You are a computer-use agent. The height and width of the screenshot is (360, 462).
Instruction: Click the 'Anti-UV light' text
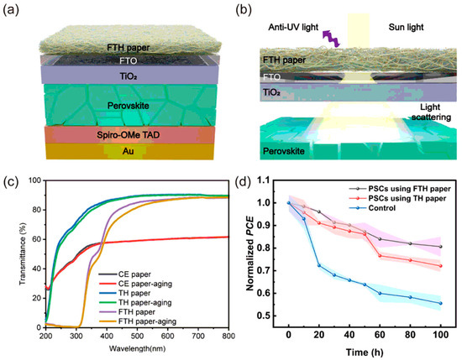pos(280,27)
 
